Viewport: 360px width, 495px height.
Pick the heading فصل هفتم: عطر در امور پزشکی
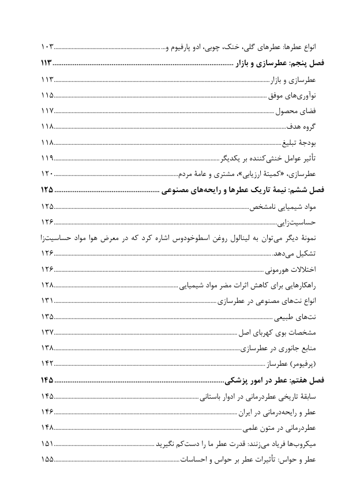pos(275,380)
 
